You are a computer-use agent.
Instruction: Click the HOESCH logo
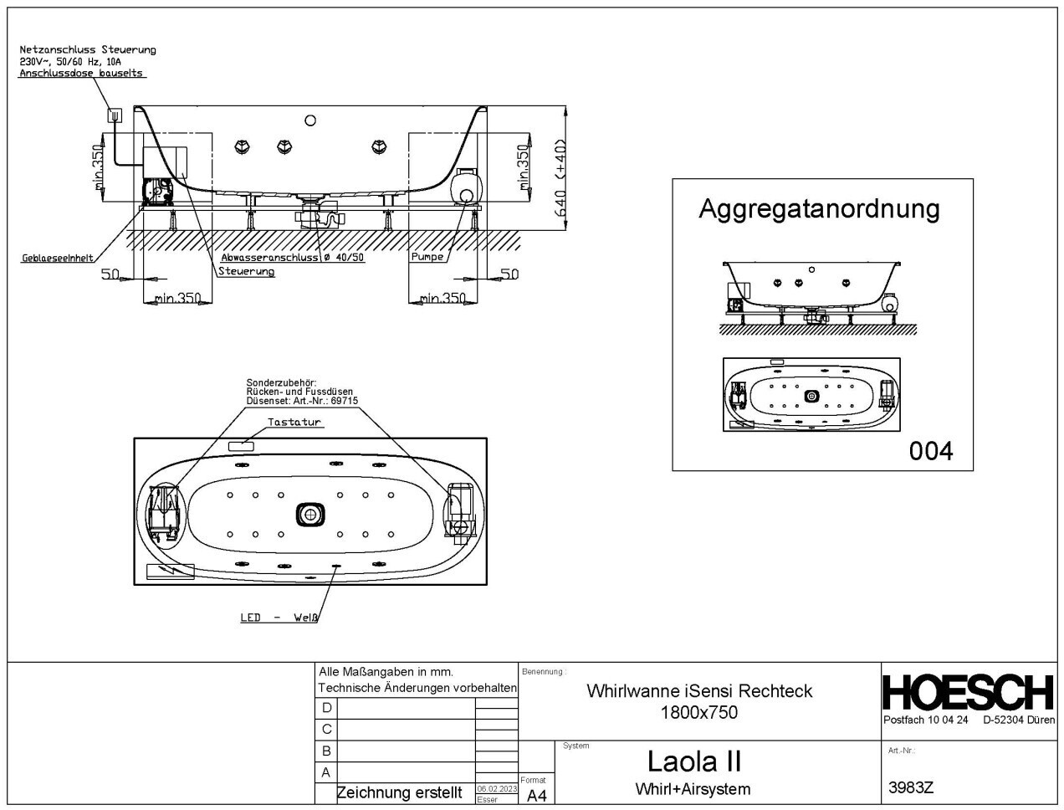pyautogui.click(x=969, y=693)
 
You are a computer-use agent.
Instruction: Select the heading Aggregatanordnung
pyautogui.click(x=819, y=208)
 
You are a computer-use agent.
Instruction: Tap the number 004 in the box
pyautogui.click(x=931, y=451)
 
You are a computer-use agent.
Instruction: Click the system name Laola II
pyautogui.click(x=694, y=761)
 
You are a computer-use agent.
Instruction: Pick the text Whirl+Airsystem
pyautogui.click(x=693, y=789)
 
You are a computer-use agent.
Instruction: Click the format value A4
pyautogui.click(x=536, y=796)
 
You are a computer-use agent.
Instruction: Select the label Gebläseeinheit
pyautogui.click(x=57, y=259)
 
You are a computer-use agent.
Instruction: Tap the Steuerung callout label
pyautogui.click(x=246, y=272)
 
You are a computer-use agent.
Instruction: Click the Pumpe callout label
pyautogui.click(x=427, y=257)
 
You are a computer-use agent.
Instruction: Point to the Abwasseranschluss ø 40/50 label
pyautogui.click(x=293, y=258)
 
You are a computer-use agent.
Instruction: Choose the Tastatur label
pyautogui.click(x=294, y=423)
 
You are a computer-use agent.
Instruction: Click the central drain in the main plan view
pyautogui.click(x=309, y=514)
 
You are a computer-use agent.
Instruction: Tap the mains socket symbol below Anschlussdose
pyautogui.click(x=115, y=114)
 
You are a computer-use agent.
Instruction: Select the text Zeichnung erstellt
pyautogui.click(x=398, y=792)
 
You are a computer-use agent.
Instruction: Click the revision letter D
pyautogui.click(x=326, y=707)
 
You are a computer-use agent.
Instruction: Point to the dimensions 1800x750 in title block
pyautogui.click(x=698, y=713)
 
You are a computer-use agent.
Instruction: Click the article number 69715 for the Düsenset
pyautogui.click(x=344, y=401)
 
